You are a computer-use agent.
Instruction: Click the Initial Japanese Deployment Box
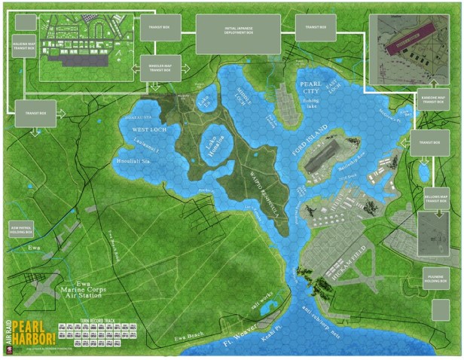pyautogui.click(x=238, y=33)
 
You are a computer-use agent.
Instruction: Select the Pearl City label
pyautogui.click(x=310, y=87)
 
